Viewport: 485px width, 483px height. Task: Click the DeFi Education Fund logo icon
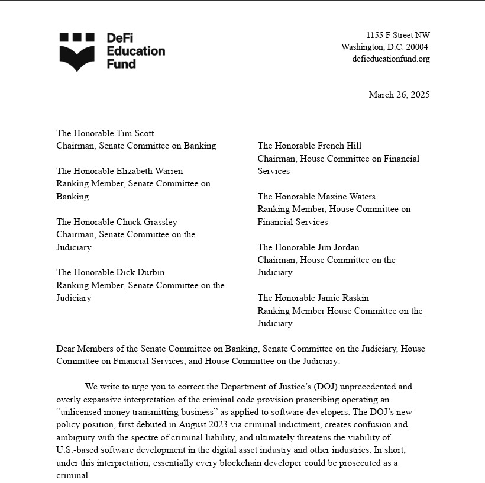(x=77, y=51)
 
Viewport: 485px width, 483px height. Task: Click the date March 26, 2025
(x=399, y=95)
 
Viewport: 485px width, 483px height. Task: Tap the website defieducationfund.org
(x=390, y=59)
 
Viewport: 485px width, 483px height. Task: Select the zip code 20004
(x=415, y=47)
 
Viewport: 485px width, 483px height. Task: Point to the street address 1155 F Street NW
(x=397, y=35)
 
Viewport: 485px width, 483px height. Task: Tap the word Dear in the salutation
(x=66, y=349)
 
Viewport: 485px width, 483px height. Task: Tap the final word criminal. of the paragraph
(x=73, y=475)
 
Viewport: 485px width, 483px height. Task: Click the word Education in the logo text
(x=135, y=51)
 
